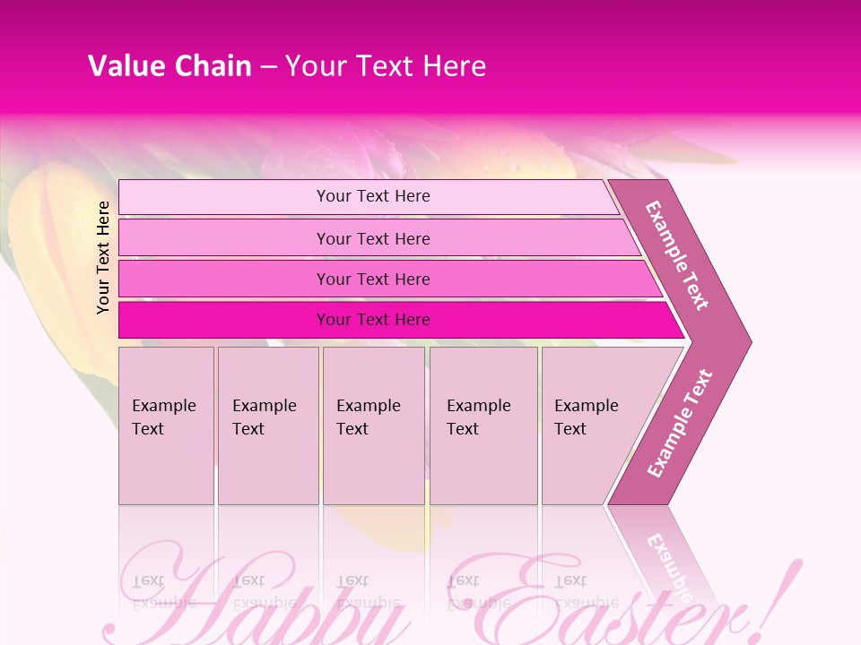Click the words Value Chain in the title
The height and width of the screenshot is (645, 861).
point(170,66)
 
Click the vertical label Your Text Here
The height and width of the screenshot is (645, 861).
point(103,257)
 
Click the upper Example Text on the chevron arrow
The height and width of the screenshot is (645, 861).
point(677,255)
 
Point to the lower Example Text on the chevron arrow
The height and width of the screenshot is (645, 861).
point(680,423)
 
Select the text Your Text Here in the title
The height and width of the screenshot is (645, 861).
point(386,66)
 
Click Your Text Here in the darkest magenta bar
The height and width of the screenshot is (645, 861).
point(373,320)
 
